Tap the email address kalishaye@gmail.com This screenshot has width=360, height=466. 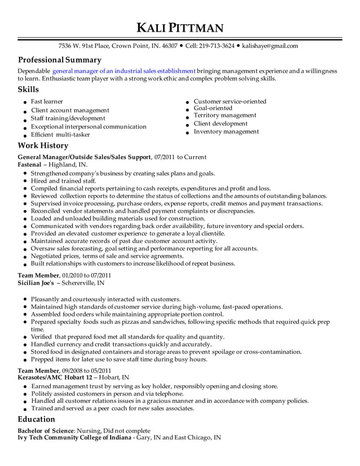point(270,46)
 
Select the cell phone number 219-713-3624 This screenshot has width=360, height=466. point(218,46)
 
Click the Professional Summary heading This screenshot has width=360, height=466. point(60,60)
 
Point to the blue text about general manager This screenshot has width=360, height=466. point(124,71)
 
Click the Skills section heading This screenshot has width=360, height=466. point(29,90)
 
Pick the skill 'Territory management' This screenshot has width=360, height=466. point(225,115)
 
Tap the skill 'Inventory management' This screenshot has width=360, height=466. point(226,131)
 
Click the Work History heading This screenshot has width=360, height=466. point(43,146)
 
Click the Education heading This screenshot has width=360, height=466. point(37,419)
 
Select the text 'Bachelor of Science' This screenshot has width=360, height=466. point(46,430)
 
